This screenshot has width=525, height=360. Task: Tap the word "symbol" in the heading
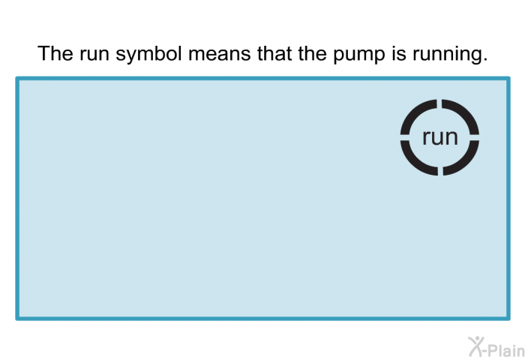[x=145, y=54]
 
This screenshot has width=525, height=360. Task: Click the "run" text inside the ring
[x=439, y=137]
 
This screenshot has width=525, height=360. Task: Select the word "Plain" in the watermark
[x=504, y=346]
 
